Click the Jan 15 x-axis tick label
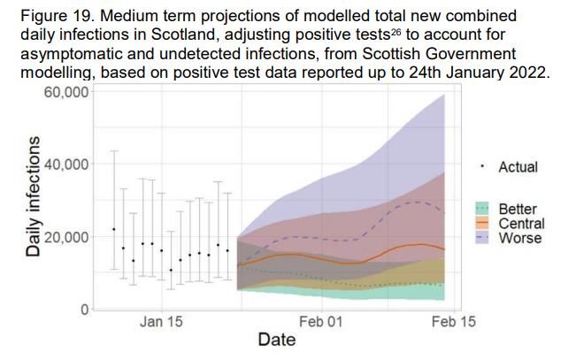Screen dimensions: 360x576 click(x=162, y=323)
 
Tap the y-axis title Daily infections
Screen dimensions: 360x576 click(x=34, y=196)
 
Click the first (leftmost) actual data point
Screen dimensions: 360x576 click(x=113, y=229)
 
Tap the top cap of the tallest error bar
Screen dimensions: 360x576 click(x=113, y=151)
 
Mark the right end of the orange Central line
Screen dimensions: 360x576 click(x=444, y=249)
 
